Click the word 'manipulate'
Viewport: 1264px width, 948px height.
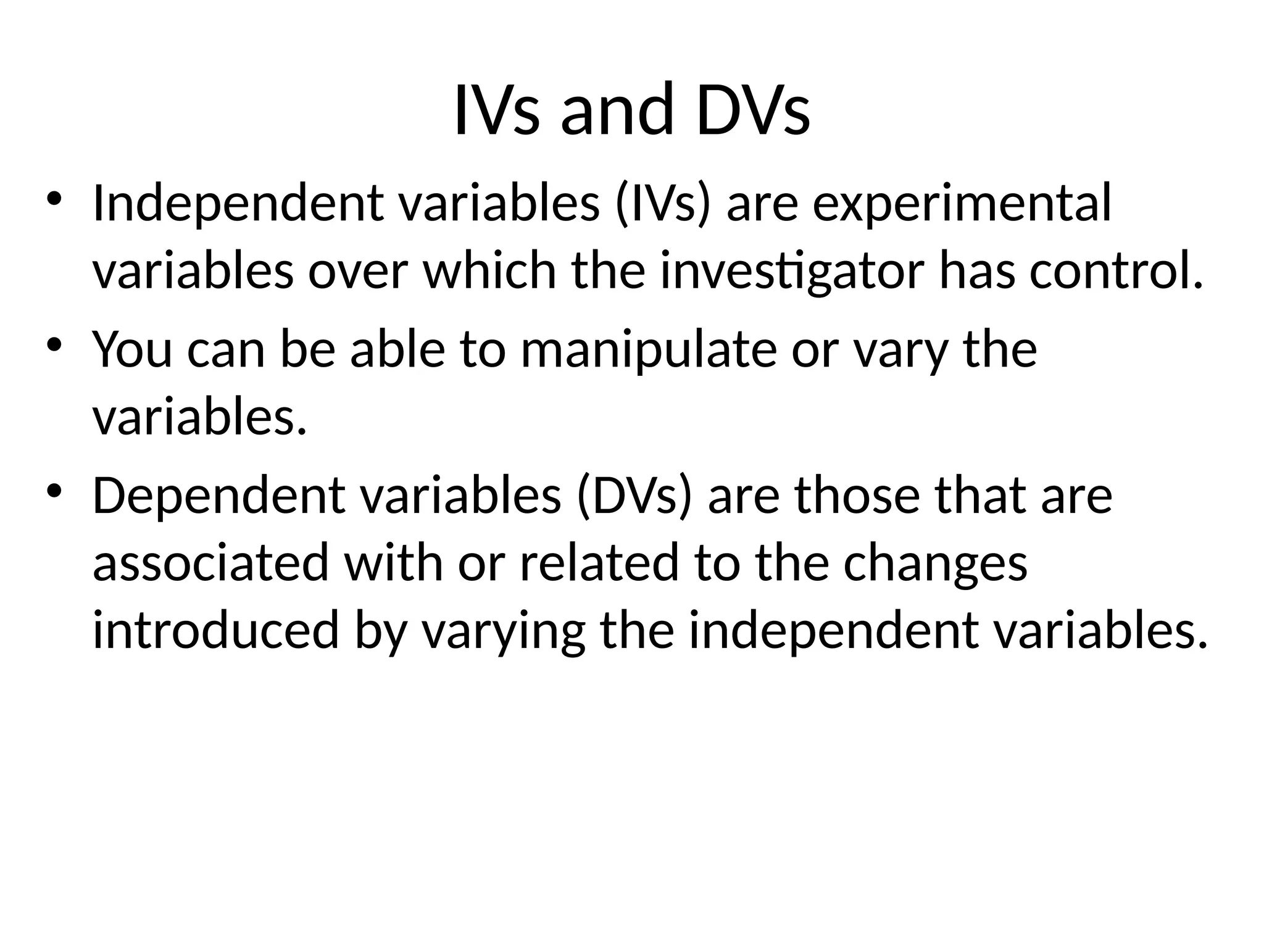tap(649, 350)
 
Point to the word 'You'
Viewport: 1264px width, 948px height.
tap(132, 349)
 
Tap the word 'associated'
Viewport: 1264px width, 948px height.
tap(210, 563)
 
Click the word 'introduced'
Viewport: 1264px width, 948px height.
tap(215, 631)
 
